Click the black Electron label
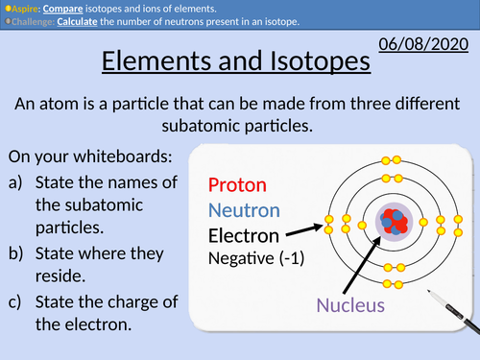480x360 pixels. click(244, 235)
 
